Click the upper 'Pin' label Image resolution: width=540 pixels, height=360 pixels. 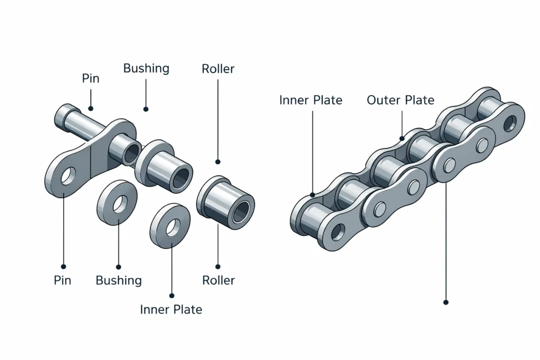(91, 79)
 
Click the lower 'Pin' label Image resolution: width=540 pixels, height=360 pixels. (62, 280)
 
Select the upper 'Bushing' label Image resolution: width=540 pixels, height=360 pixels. (146, 69)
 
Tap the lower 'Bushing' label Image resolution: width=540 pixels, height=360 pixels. (119, 280)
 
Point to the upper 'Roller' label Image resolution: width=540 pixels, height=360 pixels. (218, 69)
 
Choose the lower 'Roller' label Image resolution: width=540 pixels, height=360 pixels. (218, 280)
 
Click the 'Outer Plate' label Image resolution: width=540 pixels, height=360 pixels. (400, 100)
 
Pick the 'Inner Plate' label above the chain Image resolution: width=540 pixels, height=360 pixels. (311, 100)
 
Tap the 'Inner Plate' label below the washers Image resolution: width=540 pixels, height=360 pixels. (171, 309)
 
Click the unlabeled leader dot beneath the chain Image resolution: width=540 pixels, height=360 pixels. (446, 303)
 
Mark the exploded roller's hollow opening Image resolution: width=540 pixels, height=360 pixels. (240, 211)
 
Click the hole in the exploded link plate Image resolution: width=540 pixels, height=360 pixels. (68, 177)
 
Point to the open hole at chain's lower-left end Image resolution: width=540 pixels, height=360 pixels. (337, 232)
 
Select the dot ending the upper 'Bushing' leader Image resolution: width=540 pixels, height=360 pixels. (146, 110)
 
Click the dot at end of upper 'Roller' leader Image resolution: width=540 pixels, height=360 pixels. (218, 162)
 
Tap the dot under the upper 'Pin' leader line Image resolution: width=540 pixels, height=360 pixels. (91, 109)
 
